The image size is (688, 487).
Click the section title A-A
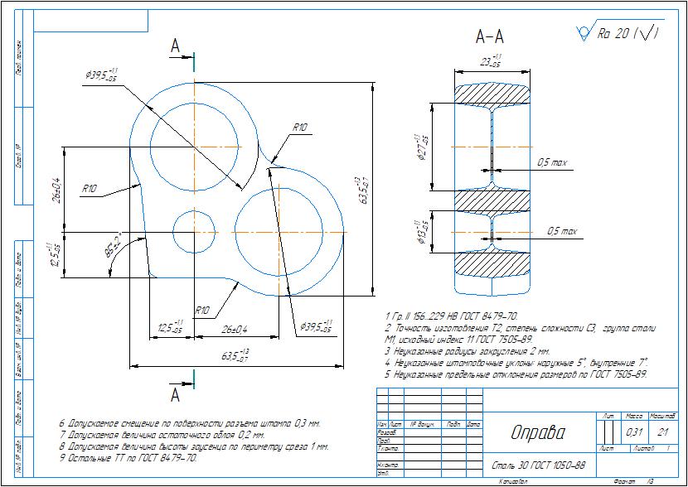pyautogui.click(x=490, y=37)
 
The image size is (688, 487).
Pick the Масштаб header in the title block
pyautogui.click(x=662, y=415)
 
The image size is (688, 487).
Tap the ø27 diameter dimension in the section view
pyautogui.click(x=422, y=147)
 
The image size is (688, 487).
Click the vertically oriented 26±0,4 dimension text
pyautogui.click(x=56, y=190)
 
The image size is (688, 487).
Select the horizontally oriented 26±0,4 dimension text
pyautogui.click(x=235, y=330)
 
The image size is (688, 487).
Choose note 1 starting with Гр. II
pyautogui.click(x=452, y=316)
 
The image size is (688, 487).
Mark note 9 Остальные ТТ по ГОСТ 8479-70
pyautogui.click(x=128, y=457)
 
